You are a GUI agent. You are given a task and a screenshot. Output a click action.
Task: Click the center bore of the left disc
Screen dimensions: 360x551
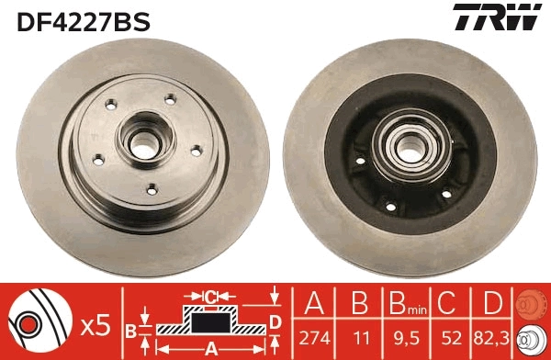click(143, 142)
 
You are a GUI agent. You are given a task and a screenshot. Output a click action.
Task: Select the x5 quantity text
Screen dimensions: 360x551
click(95, 324)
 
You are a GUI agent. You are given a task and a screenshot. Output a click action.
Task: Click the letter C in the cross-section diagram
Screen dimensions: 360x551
click(211, 297)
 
